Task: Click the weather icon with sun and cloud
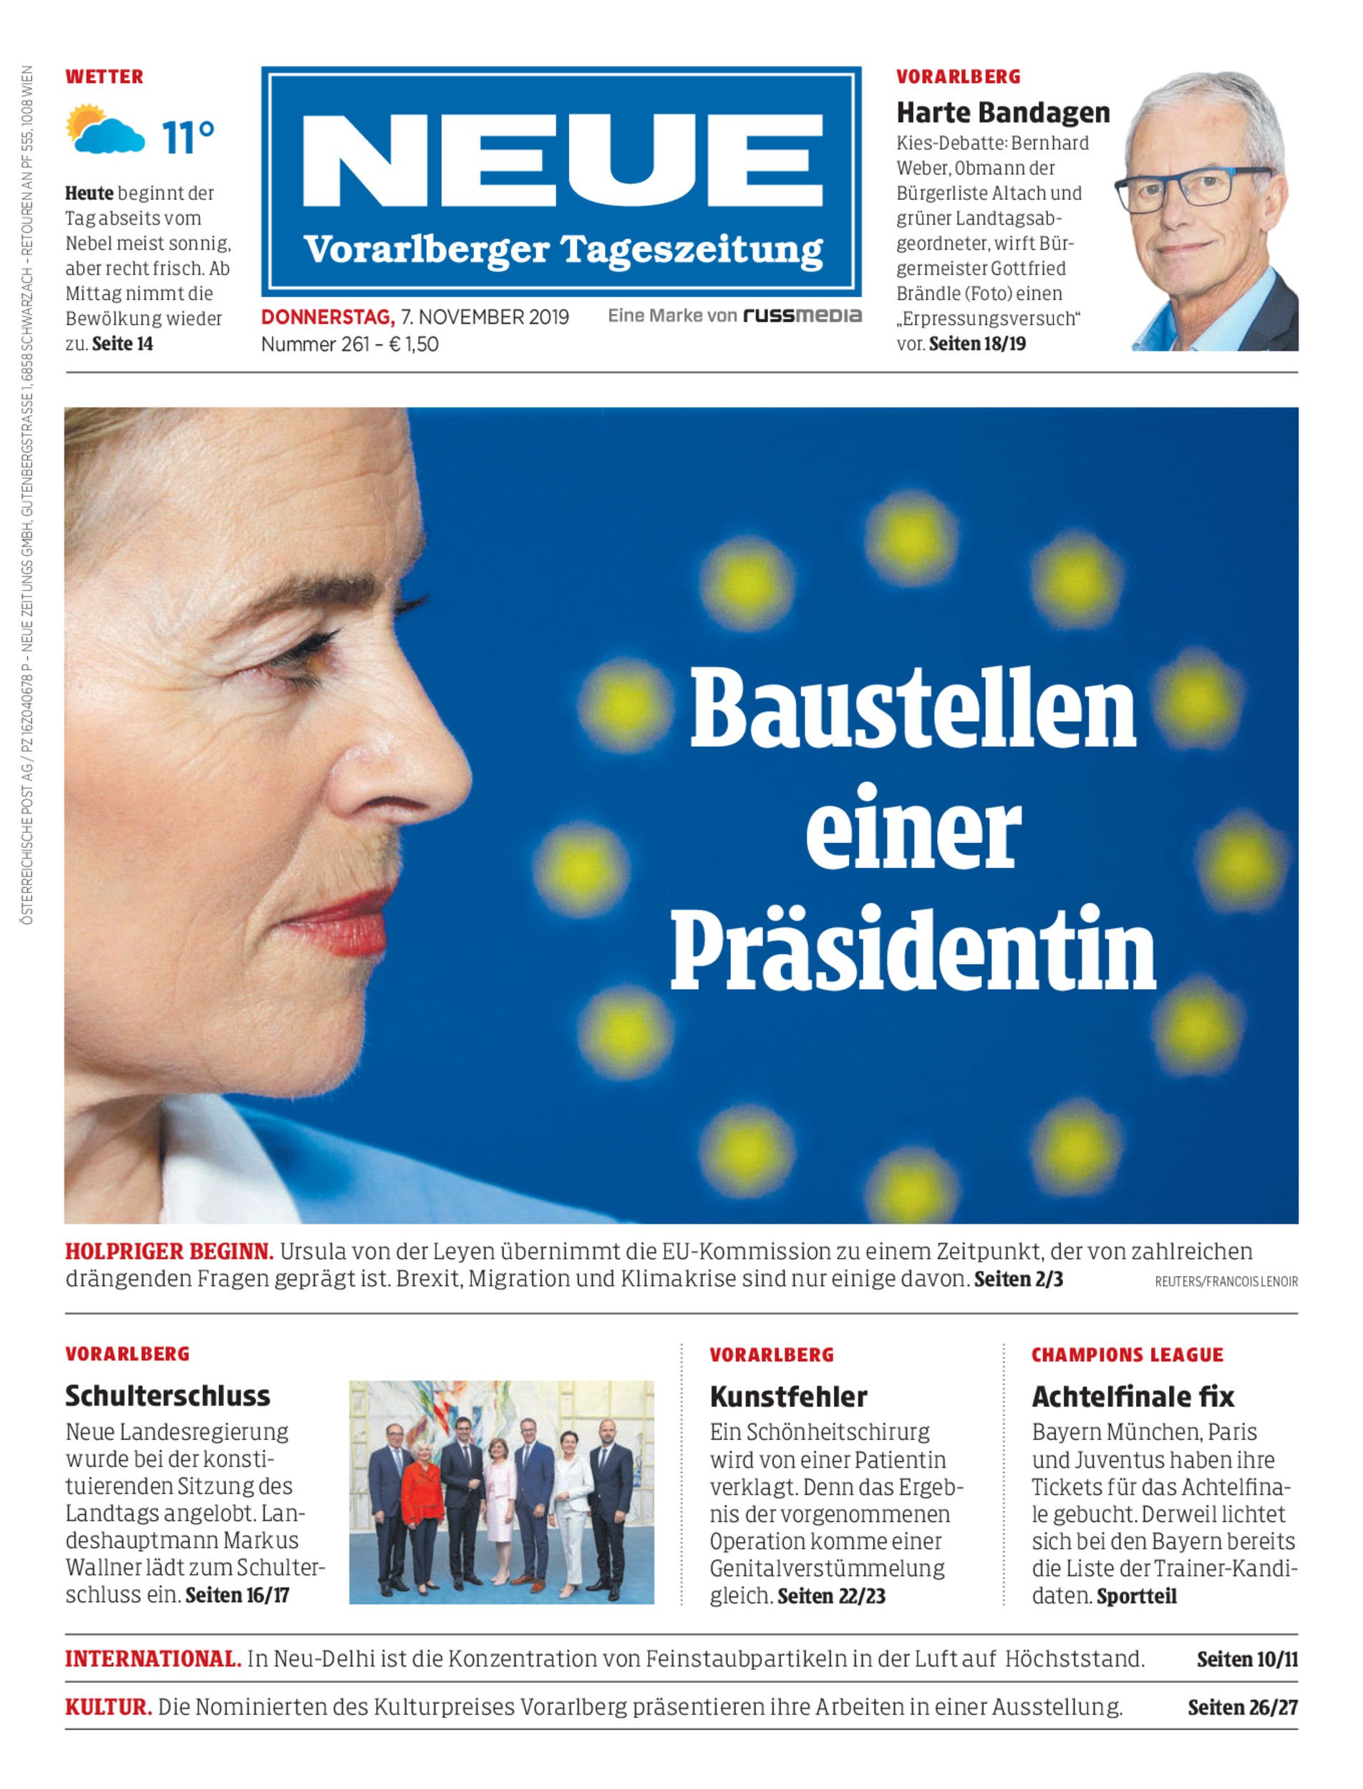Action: point(105,130)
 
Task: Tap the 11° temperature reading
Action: point(188,138)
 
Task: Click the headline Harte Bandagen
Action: point(1003,113)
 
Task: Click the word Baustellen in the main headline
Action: point(913,707)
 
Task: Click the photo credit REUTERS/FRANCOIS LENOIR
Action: point(1226,1282)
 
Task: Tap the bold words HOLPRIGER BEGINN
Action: point(169,1252)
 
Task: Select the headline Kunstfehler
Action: point(787,1396)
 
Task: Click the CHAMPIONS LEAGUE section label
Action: point(1127,1355)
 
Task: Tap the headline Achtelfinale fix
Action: point(1132,1396)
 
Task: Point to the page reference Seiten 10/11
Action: point(1247,1659)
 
